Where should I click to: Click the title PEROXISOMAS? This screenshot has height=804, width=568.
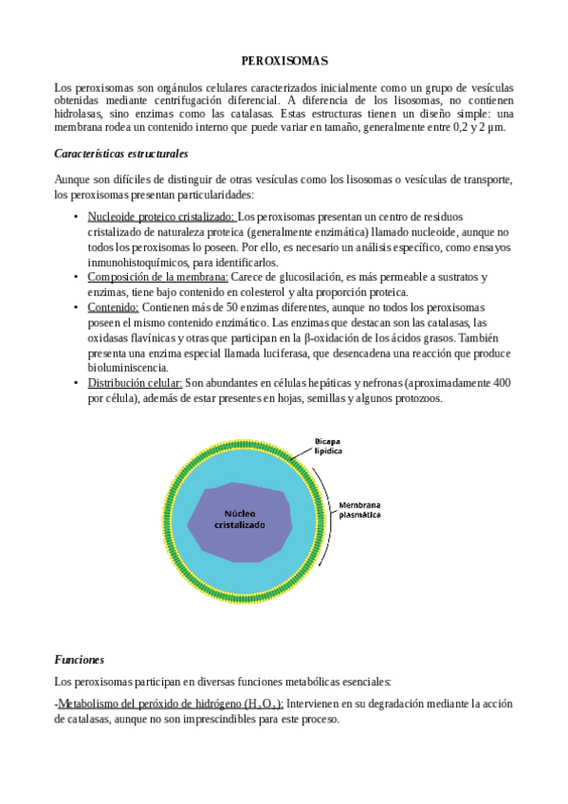(284, 61)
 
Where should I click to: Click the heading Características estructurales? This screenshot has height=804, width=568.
(121, 153)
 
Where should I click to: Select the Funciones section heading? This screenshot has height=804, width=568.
(79, 659)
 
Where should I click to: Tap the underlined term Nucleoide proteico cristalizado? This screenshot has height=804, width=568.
(161, 217)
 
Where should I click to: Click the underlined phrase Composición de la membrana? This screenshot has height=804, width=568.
(157, 277)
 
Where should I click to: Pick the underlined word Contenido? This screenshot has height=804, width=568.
(113, 307)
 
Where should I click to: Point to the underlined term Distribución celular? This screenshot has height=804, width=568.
(135, 383)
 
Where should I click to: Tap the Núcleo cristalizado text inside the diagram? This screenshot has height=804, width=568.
(238, 518)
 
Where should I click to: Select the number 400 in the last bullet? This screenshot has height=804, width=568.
(503, 383)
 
